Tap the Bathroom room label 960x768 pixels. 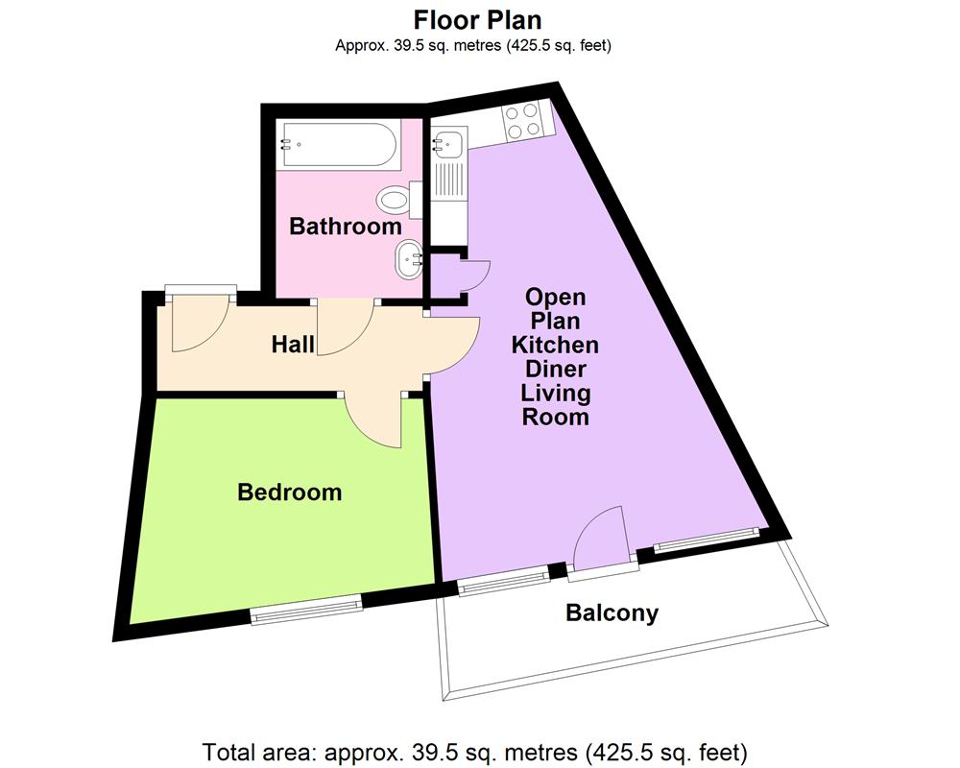pyautogui.click(x=346, y=228)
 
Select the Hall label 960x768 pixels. pyautogui.click(x=293, y=344)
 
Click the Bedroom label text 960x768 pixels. pyautogui.click(x=290, y=492)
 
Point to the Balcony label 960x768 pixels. pyautogui.click(x=612, y=612)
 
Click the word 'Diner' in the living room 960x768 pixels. pyautogui.click(x=555, y=369)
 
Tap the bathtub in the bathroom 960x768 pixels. pyautogui.click(x=336, y=145)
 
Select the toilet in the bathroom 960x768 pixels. pyautogui.click(x=394, y=200)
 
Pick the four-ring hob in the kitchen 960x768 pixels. pyautogui.click(x=523, y=122)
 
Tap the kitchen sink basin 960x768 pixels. pyautogui.click(x=449, y=144)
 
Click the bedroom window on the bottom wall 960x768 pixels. pyautogui.click(x=306, y=609)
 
